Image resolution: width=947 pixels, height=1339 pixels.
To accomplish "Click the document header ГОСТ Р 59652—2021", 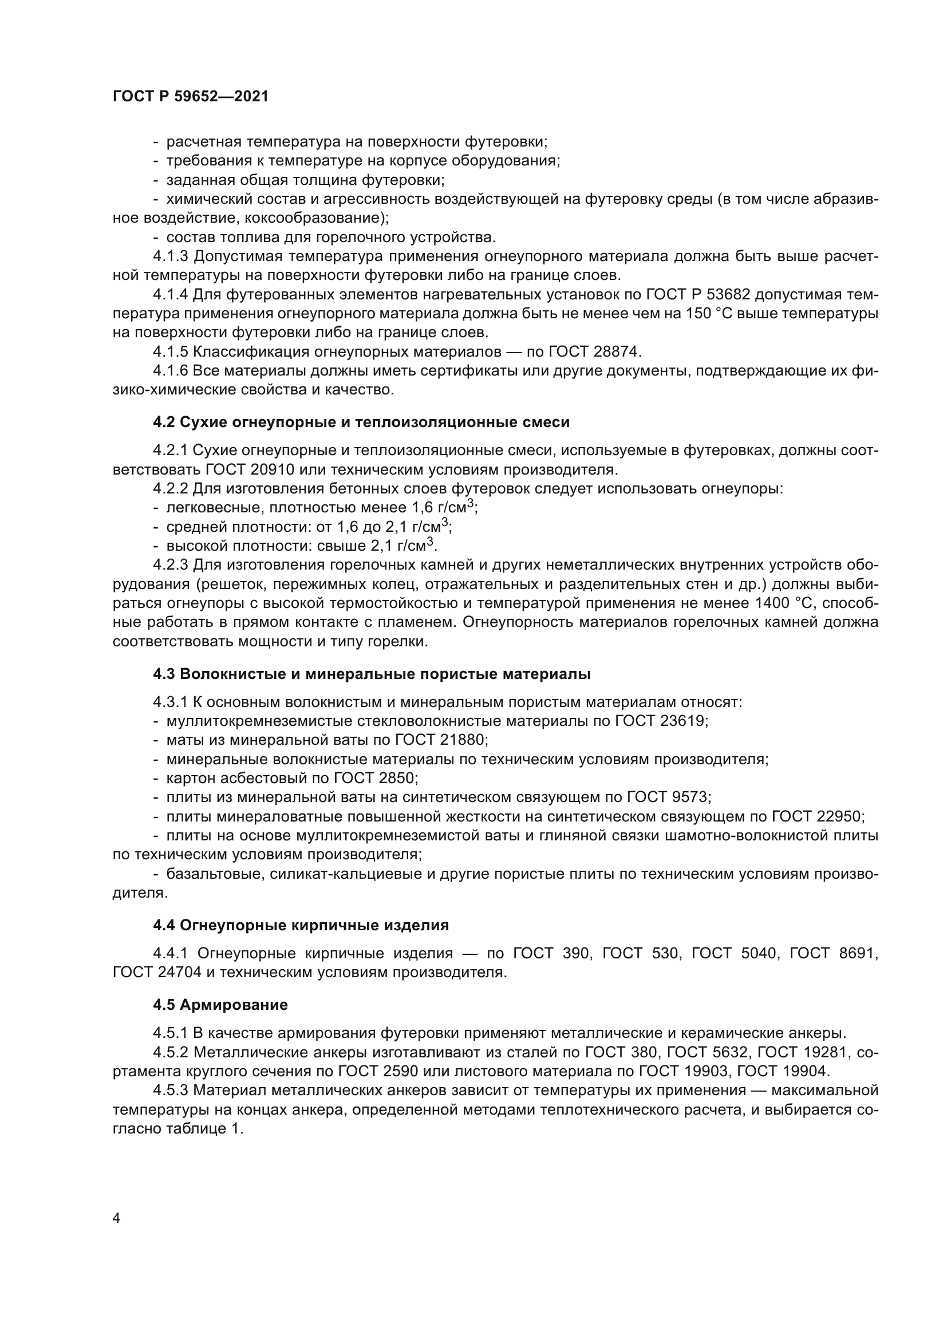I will [x=191, y=97].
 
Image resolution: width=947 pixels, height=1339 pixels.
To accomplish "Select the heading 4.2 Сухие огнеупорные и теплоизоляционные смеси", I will [x=361, y=423].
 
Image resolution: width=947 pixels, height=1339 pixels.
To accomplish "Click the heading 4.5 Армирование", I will [x=220, y=1005].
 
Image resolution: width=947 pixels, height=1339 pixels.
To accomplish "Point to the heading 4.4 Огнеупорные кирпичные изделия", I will [x=301, y=926].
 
